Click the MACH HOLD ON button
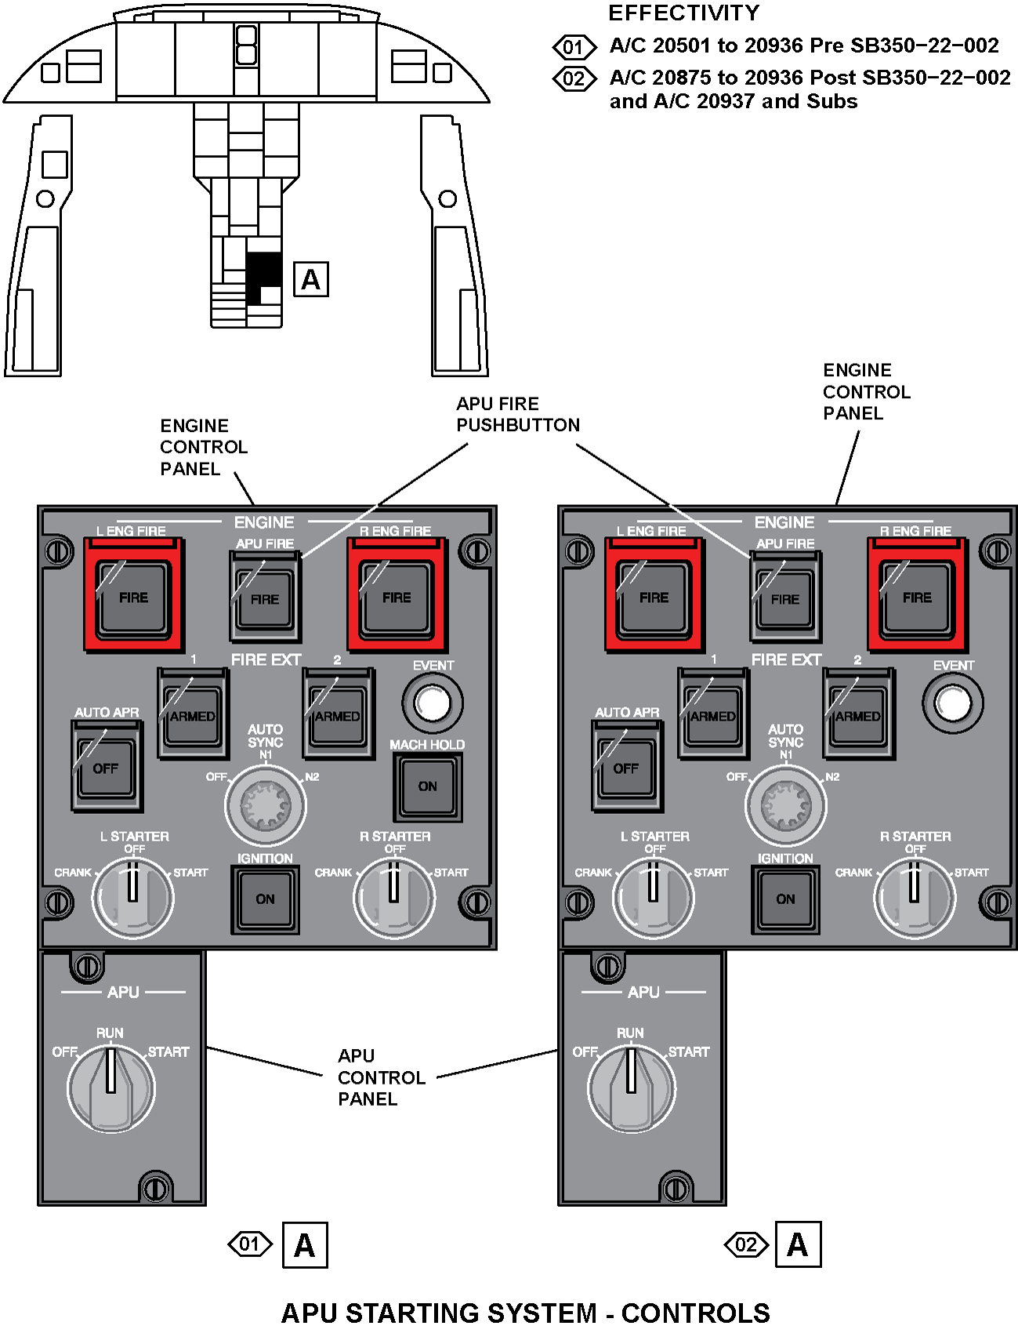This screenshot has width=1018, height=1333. click(x=427, y=786)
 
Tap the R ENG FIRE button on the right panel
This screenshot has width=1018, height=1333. click(x=916, y=597)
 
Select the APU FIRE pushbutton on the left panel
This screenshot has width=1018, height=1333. click(x=265, y=598)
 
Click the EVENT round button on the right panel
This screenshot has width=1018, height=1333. click(x=953, y=703)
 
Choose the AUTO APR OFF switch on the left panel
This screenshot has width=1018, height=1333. click(x=106, y=768)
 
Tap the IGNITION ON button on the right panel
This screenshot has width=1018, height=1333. click(x=785, y=899)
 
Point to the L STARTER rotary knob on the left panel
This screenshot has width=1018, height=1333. click(x=133, y=897)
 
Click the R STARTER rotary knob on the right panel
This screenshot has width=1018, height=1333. click(x=914, y=897)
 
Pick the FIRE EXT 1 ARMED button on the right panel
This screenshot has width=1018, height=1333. click(x=712, y=715)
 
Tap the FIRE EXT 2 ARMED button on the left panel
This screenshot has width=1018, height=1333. click(x=337, y=715)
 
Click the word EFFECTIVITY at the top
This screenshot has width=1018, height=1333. click(x=683, y=13)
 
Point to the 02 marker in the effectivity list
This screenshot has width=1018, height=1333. click(x=574, y=79)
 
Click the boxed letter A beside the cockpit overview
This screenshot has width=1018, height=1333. click(x=311, y=280)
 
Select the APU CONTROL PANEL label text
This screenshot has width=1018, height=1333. click(x=381, y=1077)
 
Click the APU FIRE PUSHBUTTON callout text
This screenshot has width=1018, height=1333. click(x=517, y=414)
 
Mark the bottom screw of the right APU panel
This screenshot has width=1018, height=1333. click(x=676, y=1188)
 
